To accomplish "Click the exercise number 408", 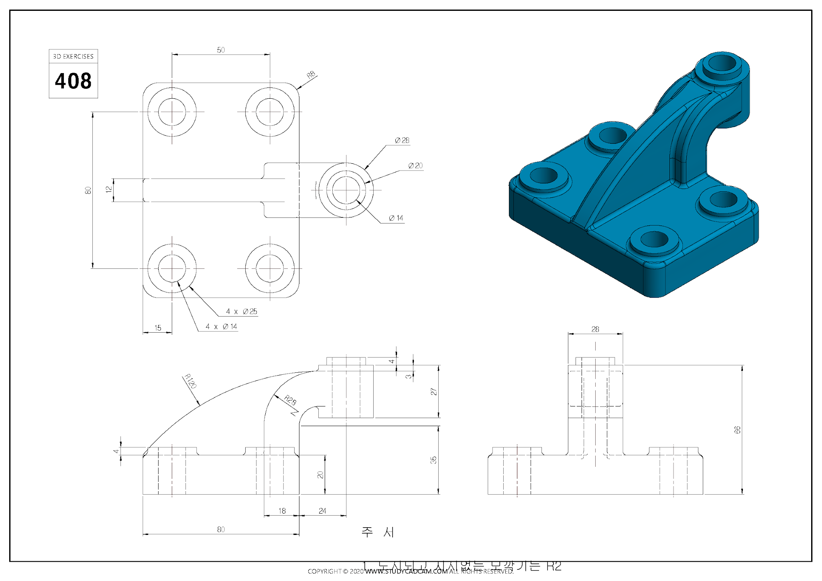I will click(73, 81).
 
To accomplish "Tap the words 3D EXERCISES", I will click(73, 57).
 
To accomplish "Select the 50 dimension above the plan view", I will click(221, 50).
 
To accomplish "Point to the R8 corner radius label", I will click(311, 75).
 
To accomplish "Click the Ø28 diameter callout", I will click(402, 140).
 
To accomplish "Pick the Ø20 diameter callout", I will click(415, 166).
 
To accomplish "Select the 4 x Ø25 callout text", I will click(241, 311).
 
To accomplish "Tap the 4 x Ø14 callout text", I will click(221, 327).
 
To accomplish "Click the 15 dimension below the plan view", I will click(158, 328).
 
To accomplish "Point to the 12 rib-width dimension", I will click(108, 189).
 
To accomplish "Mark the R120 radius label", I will click(190, 381).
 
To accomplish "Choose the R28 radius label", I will click(290, 400).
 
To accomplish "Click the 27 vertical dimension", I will click(433, 392).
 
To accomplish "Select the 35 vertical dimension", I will click(433, 460).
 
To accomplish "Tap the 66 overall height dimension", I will click(737, 430).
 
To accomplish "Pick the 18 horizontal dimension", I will click(282, 511).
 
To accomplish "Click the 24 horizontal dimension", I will click(322, 511).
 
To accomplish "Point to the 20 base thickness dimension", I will click(320, 475).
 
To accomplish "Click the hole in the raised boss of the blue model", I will click(722, 63).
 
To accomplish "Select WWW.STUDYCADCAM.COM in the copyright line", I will click(406, 571).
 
